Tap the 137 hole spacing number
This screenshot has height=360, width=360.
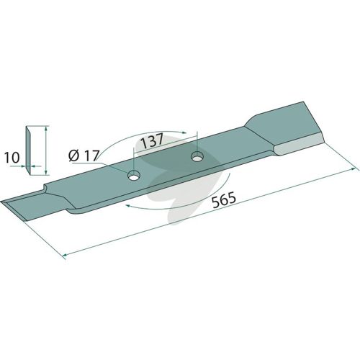pyautogui.click(x=152, y=140)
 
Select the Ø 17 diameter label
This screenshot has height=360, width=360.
pyautogui.click(x=84, y=156)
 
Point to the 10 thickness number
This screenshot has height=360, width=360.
pyautogui.click(x=12, y=158)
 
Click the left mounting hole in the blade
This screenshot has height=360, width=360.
pyautogui.click(x=134, y=176)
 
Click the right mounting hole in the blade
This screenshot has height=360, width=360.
pyautogui.click(x=197, y=157)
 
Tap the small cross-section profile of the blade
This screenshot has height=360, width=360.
pyautogui.click(x=28, y=150)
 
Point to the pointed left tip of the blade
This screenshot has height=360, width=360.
pyautogui.click(x=1, y=202)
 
